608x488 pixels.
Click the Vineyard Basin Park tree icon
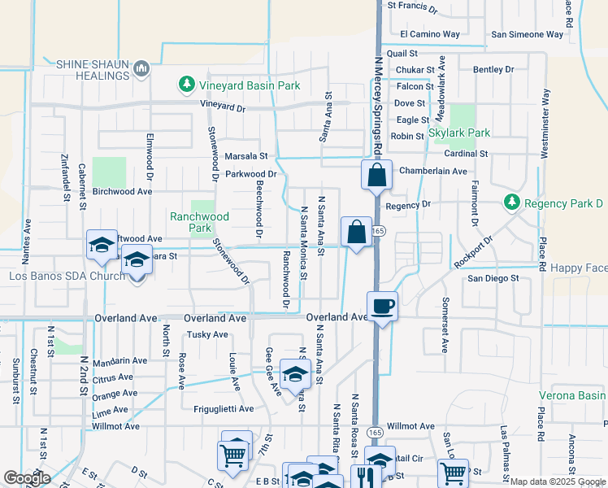pos(187,85)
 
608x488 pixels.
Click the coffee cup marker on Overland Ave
pos(382,307)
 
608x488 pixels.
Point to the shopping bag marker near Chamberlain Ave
pos(377,175)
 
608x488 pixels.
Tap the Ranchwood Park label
pos(199,222)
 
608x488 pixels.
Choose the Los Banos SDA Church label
pos(67,276)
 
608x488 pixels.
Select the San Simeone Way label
pos(528,34)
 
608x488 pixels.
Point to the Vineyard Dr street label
pos(223,107)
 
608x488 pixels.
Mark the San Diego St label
pos(493,278)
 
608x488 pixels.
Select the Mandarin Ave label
pos(119,360)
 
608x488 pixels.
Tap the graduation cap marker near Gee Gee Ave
pos(295,374)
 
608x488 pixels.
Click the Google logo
pos(27,479)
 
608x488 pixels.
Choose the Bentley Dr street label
pos(493,70)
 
